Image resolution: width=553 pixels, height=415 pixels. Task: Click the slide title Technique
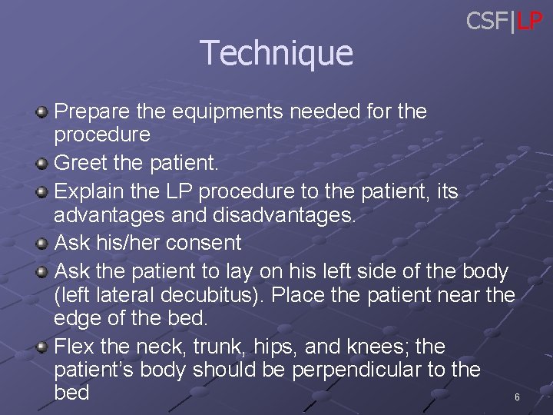276,53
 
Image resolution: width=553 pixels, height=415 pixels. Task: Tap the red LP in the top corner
529,21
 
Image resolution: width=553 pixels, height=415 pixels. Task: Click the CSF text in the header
488,21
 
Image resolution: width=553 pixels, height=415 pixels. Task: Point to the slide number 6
517,397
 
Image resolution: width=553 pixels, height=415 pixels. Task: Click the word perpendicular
343,370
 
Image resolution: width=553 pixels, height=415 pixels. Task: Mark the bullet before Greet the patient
42,164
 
